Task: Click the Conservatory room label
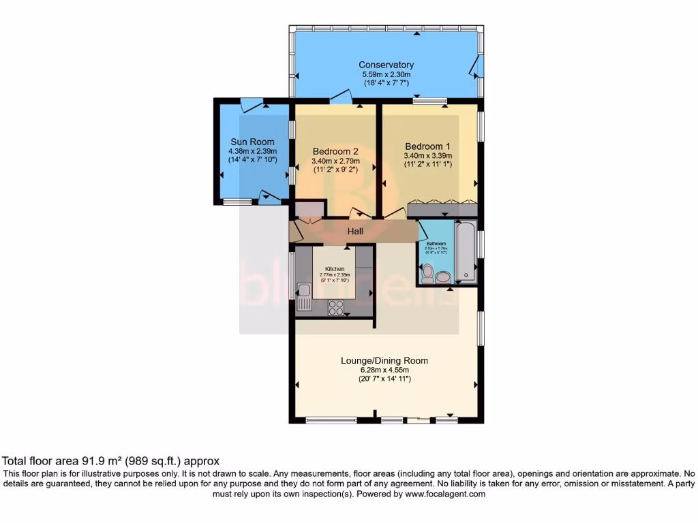click(386, 65)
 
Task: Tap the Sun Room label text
click(252, 142)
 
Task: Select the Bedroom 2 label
click(335, 151)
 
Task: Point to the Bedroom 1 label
click(427, 146)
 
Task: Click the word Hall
click(355, 232)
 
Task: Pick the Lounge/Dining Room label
click(384, 360)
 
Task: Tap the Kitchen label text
click(335, 269)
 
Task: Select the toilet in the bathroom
click(427, 274)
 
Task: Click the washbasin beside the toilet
click(444, 276)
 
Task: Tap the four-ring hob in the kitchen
click(336, 307)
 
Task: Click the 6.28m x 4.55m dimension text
click(384, 370)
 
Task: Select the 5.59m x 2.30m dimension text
click(386, 74)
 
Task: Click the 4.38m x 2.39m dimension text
click(252, 151)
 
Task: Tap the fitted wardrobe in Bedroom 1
click(442, 209)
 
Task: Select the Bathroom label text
click(436, 243)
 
